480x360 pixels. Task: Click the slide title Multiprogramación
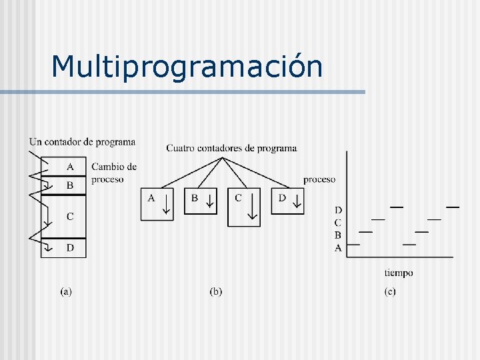(x=187, y=66)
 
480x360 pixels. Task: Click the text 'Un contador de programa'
(x=82, y=141)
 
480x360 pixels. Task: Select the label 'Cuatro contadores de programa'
(x=231, y=148)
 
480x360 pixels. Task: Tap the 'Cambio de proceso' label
(x=113, y=173)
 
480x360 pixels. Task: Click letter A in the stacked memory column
(x=70, y=166)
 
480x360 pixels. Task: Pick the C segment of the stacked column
(x=70, y=216)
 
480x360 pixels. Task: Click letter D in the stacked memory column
(x=70, y=248)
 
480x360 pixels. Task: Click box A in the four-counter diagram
(x=157, y=204)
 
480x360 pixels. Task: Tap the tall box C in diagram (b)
(x=244, y=208)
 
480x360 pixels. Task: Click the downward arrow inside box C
(x=252, y=207)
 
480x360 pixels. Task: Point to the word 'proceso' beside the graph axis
(x=319, y=179)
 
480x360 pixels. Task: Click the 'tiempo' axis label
(x=399, y=273)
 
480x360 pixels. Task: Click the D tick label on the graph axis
(x=338, y=211)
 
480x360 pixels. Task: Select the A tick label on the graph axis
(x=338, y=247)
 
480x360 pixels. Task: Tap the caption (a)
(x=66, y=291)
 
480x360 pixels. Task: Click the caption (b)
(x=216, y=291)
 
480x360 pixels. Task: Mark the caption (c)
(x=389, y=291)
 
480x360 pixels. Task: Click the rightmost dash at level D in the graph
(x=452, y=207)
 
